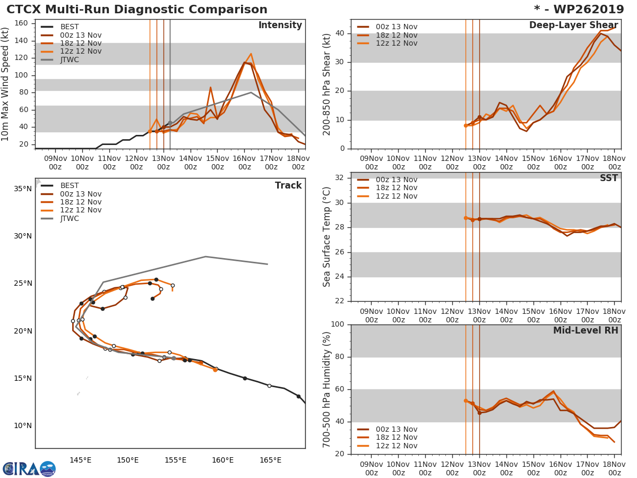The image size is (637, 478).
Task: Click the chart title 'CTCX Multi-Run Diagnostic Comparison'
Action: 137,10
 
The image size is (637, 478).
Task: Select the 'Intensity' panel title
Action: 280,25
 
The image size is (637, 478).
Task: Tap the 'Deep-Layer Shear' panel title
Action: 573,25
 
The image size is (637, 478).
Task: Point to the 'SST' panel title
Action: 608,178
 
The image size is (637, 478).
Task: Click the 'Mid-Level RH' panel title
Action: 586,330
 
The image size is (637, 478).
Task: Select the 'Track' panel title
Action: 288,185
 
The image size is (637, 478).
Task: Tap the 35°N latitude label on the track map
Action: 22,189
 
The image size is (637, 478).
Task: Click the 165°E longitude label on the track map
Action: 270,460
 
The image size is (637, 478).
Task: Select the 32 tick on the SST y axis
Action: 341,178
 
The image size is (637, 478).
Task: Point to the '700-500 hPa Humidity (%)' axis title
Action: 327,389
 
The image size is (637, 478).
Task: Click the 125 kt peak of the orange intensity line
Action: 251,54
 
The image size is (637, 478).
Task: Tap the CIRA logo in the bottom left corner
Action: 29,468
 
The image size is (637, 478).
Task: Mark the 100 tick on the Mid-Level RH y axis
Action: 338,325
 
